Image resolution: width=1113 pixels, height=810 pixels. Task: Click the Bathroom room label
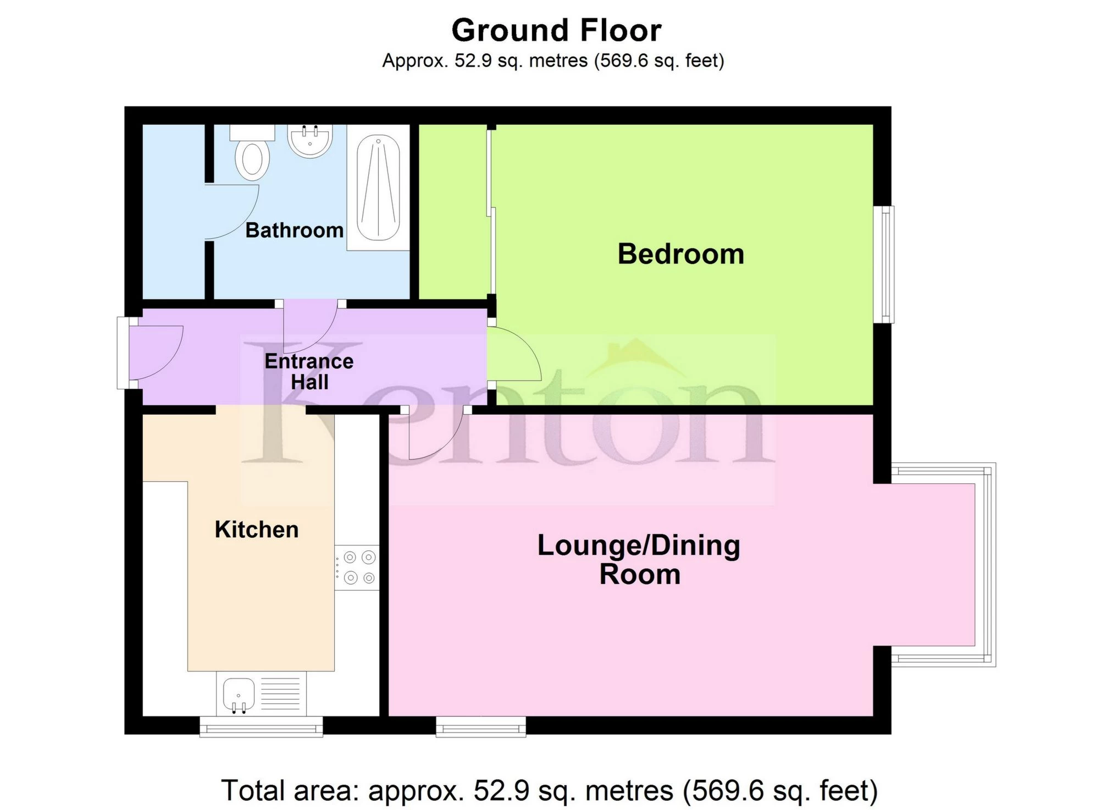click(x=294, y=230)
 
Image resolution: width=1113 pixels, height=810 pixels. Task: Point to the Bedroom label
click(x=680, y=254)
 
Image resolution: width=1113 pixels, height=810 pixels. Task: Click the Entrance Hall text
click(x=309, y=372)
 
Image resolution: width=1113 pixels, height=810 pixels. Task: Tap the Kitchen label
click(x=256, y=530)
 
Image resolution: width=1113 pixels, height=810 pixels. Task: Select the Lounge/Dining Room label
click(x=639, y=560)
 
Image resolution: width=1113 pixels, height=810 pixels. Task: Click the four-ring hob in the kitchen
click(x=357, y=567)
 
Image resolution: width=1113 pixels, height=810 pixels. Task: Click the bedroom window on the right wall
click(x=884, y=265)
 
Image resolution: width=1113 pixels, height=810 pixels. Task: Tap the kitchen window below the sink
click(x=261, y=727)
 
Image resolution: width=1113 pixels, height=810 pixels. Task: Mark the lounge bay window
click(x=987, y=565)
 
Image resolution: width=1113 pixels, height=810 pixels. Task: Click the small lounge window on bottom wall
click(x=481, y=727)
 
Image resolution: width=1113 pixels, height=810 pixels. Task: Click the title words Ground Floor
click(x=556, y=30)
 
